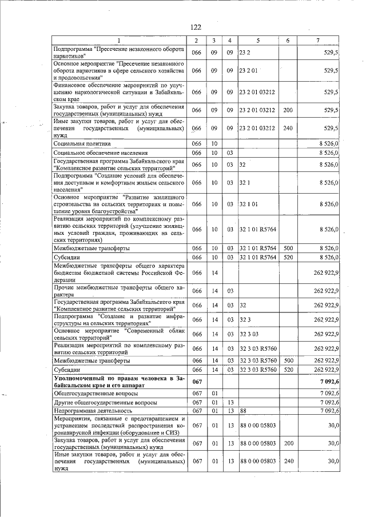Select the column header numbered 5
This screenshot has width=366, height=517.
pyautogui.click(x=258, y=40)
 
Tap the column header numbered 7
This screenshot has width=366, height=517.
pyautogui.click(x=318, y=40)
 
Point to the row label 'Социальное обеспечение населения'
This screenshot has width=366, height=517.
pyautogui.click(x=100, y=153)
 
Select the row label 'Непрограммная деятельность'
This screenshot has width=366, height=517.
pyautogui.click(x=93, y=410)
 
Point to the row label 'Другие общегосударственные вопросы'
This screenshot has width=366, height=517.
pyautogui.click(x=105, y=402)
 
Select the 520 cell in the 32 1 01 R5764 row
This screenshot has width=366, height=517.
pyautogui.click(x=288, y=258)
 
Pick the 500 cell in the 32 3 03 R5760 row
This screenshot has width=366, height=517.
pyautogui.click(x=288, y=361)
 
